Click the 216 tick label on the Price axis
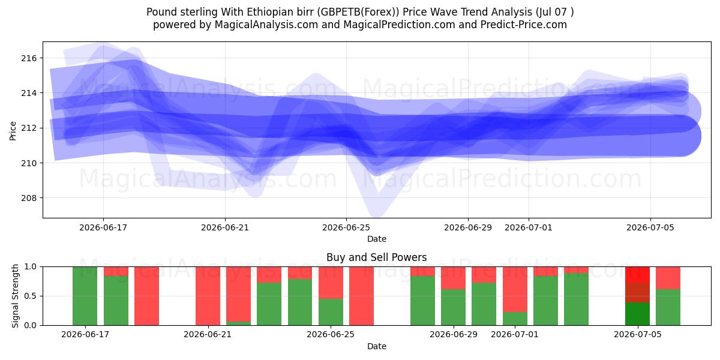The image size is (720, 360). click(x=29, y=58)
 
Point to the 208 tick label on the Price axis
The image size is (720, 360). click(x=29, y=198)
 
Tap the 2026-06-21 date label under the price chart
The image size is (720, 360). click(x=225, y=227)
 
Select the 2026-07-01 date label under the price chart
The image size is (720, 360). click(x=529, y=227)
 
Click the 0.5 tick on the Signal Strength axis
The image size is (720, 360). click(x=31, y=296)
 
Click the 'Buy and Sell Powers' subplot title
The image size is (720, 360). click(x=377, y=257)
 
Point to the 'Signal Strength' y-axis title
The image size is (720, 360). click(x=15, y=296)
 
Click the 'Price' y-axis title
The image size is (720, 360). click(x=13, y=131)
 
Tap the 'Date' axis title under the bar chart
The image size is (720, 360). click(x=377, y=346)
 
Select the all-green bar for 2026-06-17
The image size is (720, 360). click(x=85, y=296)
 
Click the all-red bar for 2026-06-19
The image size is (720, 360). click(x=146, y=296)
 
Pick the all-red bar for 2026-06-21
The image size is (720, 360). click(x=208, y=296)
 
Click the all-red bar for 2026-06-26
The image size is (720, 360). click(x=362, y=296)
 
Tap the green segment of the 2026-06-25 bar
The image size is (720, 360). click(x=331, y=312)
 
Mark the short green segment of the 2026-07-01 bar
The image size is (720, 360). click(x=515, y=319)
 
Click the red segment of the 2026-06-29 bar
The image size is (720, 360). click(x=454, y=278)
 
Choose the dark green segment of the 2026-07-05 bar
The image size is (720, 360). click(x=638, y=314)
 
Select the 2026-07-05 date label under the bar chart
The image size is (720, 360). click(x=638, y=334)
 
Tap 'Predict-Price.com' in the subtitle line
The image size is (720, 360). click(x=524, y=25)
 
